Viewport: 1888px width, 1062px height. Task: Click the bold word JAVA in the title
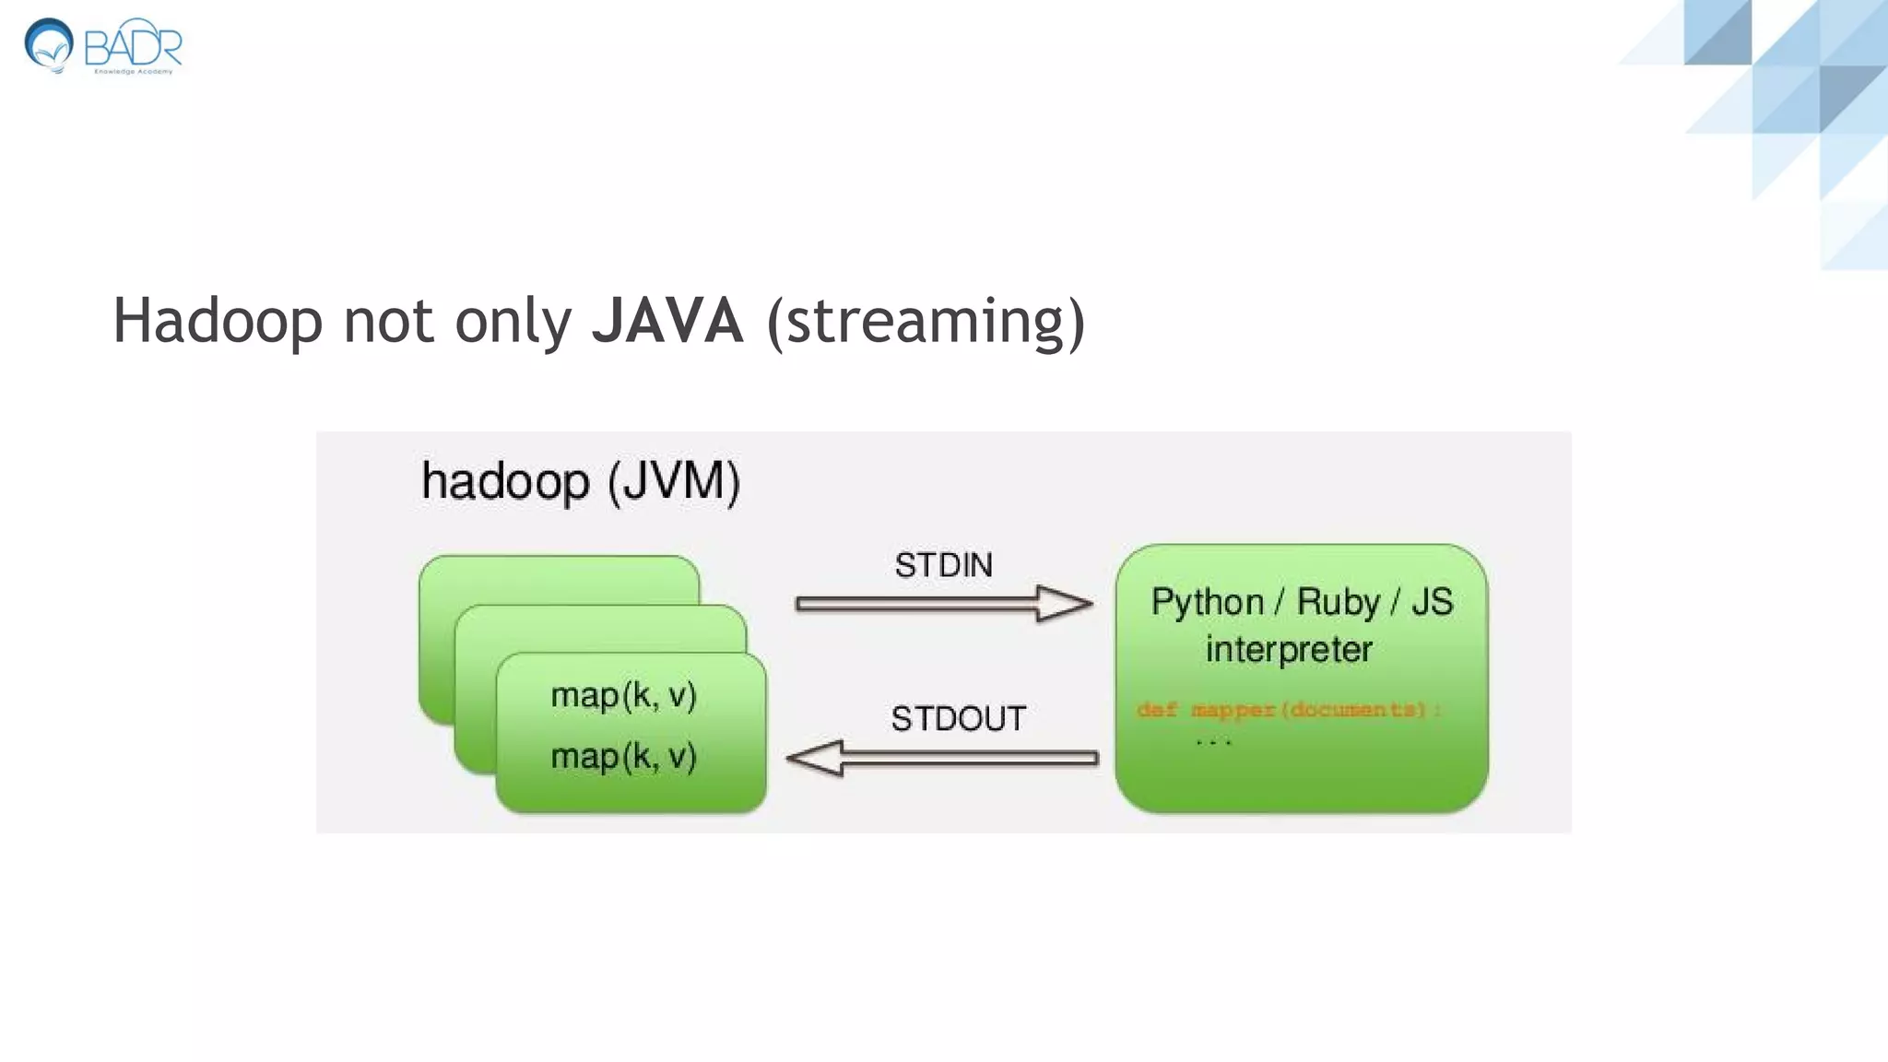[x=667, y=321]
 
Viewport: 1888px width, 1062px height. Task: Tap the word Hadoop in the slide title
[x=218, y=321]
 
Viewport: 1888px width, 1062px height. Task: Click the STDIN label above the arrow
[x=943, y=565]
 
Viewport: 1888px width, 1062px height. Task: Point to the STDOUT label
[x=958, y=718]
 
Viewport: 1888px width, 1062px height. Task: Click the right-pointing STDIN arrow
[x=943, y=604]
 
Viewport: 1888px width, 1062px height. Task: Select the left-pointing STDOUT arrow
[x=941, y=758]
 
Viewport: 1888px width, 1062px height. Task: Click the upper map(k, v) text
[x=623, y=695]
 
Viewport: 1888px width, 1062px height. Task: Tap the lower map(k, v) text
[x=623, y=757]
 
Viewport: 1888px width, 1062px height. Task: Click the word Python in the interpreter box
[x=1207, y=603]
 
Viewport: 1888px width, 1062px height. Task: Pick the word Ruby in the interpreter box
[x=1338, y=603]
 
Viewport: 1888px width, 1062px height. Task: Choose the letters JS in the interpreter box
[x=1432, y=602]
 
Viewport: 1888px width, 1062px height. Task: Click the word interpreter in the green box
[x=1289, y=650]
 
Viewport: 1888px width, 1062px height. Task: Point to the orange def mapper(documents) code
[x=1288, y=710]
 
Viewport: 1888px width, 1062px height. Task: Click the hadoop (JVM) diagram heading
[x=580, y=482]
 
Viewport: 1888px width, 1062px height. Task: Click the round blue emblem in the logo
[x=49, y=44]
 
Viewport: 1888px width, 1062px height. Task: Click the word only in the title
[x=513, y=321]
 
